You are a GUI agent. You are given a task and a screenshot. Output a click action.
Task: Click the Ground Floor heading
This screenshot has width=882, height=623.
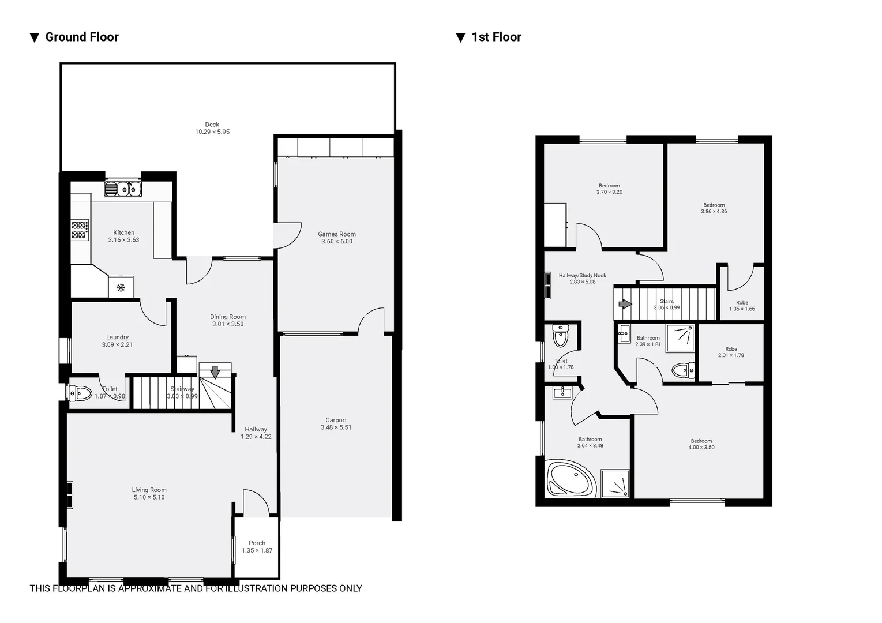[81, 37]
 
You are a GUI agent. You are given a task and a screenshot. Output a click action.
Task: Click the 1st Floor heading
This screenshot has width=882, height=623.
[496, 37]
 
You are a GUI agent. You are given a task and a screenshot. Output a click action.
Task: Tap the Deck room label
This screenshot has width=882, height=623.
[212, 125]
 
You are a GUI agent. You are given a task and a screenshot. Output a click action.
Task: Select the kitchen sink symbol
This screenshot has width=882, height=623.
[122, 189]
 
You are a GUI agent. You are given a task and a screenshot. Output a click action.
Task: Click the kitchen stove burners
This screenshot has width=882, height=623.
[80, 230]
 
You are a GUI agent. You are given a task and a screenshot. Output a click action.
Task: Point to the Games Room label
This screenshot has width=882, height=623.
[337, 234]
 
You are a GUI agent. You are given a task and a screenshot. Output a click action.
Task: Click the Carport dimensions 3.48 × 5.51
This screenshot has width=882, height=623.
[336, 427]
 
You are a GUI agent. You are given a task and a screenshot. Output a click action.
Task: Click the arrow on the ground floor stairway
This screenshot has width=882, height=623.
[215, 372]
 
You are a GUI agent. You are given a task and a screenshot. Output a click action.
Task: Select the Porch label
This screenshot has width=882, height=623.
[257, 543]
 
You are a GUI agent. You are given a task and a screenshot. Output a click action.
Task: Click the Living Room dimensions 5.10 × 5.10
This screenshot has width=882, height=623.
[149, 497]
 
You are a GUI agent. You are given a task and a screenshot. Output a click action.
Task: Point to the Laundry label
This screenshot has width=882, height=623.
[117, 337]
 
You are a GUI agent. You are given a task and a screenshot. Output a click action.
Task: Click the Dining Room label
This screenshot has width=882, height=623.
[227, 317]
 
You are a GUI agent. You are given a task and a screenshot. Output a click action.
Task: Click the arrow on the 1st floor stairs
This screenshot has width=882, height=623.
[625, 304]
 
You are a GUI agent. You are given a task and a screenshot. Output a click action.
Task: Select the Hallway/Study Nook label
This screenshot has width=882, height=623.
[582, 276]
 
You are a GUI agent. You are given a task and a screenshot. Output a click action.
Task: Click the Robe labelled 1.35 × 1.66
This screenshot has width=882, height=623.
[742, 306]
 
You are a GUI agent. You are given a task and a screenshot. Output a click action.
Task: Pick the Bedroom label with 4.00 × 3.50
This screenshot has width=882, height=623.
[701, 441]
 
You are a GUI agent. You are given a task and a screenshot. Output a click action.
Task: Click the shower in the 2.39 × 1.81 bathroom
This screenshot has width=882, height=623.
[681, 338]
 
